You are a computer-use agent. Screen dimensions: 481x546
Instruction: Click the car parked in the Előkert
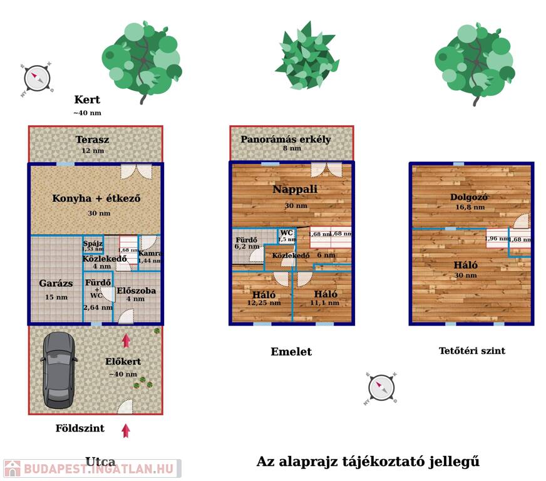coord(58,368)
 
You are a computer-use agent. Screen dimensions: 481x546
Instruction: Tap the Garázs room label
coord(56,284)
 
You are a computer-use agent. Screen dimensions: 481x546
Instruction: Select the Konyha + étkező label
coord(96,199)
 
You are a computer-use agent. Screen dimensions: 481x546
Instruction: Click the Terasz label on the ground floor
coord(93,140)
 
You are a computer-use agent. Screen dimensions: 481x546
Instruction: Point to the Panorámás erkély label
coord(286,140)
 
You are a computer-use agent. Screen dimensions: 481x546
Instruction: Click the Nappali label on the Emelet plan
coord(295,190)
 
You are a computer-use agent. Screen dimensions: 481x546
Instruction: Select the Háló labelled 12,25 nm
coord(264,295)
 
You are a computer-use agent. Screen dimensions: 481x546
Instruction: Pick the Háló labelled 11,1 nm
coord(326,295)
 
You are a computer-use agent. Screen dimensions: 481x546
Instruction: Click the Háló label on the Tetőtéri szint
coord(466,265)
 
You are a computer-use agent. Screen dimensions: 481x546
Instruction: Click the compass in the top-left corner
coord(37,78)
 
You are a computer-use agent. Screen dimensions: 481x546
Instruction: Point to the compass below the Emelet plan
coord(381,388)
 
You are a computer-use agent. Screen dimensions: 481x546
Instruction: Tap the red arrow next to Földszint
coord(126,430)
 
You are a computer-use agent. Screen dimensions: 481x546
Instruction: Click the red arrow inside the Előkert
coord(126,341)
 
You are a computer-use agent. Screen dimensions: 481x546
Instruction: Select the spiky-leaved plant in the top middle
coord(307,55)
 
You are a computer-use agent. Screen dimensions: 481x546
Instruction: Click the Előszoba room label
coord(136,291)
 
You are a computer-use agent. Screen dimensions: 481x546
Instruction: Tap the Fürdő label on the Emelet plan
coord(246,240)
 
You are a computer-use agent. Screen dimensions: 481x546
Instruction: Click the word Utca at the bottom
coord(100,462)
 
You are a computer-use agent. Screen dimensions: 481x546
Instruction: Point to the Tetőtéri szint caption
coord(471,351)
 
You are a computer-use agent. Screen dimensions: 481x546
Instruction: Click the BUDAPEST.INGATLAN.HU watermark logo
coord(91,468)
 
